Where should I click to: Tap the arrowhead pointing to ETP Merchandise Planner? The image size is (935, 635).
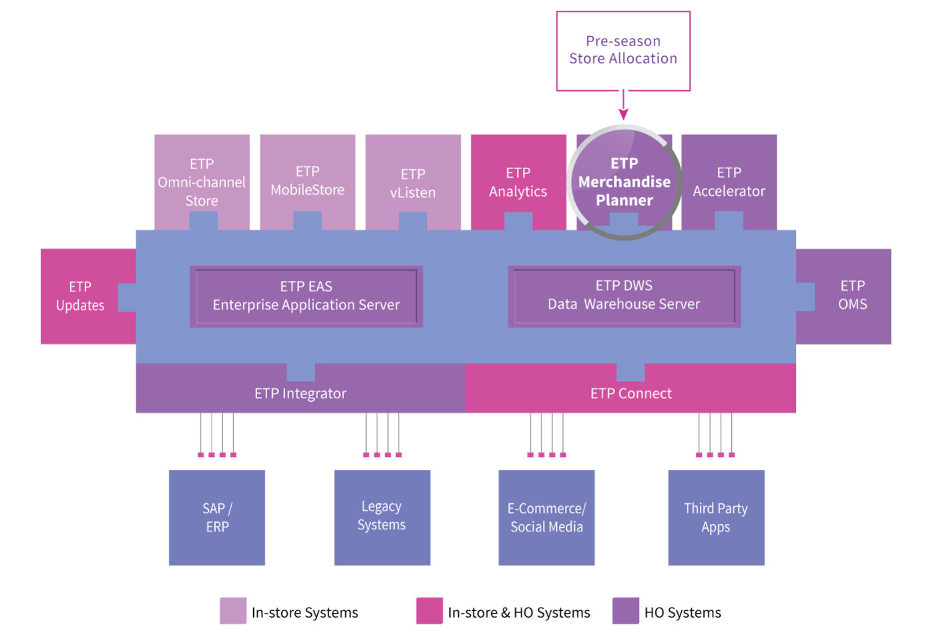[x=624, y=114]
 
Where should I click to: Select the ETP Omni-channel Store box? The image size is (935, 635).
[x=202, y=182]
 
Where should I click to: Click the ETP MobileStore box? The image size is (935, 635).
[x=308, y=182]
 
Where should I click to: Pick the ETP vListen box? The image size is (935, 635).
[x=413, y=182]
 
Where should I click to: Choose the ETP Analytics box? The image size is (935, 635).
[x=518, y=182]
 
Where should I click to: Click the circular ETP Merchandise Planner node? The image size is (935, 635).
[x=624, y=182]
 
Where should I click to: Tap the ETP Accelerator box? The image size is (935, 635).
[x=729, y=182]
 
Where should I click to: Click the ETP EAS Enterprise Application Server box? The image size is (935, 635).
[x=307, y=297]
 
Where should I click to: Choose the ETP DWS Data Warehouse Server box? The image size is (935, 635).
[x=624, y=297]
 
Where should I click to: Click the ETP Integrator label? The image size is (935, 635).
[x=301, y=394]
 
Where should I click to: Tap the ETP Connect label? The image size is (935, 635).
[x=631, y=394]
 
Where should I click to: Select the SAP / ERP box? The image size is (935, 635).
[x=217, y=517]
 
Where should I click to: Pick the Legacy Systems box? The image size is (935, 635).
[x=382, y=517]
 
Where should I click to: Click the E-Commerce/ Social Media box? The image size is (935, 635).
[x=546, y=517]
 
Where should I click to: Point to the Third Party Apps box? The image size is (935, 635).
[x=716, y=517]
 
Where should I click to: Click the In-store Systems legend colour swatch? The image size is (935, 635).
[x=233, y=611]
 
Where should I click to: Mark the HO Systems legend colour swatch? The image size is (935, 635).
[x=626, y=611]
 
